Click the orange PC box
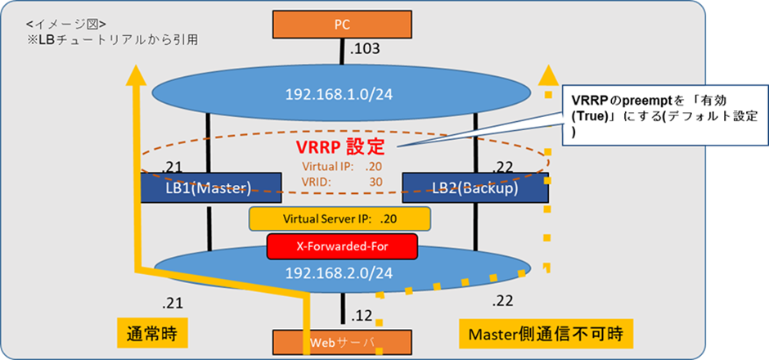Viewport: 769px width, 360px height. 343,25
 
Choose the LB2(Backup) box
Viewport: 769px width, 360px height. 475,188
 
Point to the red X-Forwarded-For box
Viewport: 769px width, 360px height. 342,245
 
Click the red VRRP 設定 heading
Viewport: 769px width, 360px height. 342,150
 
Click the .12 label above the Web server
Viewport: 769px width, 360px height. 362,314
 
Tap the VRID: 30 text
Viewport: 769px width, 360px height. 342,182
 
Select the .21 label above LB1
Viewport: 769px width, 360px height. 173,167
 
